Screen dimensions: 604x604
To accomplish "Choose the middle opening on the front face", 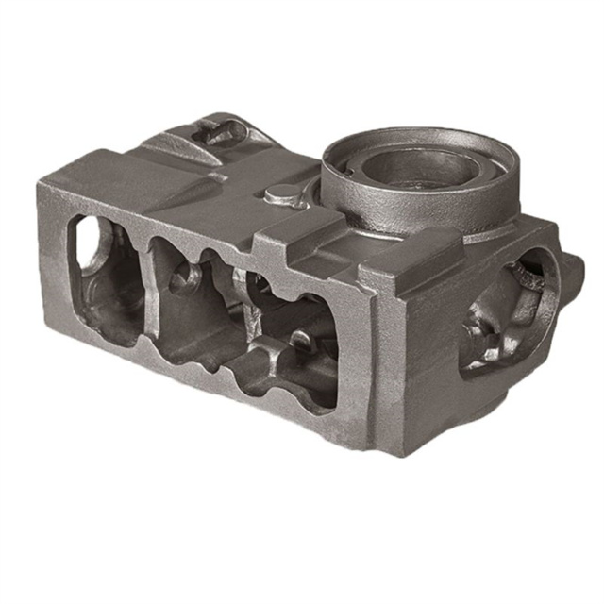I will (189, 302).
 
